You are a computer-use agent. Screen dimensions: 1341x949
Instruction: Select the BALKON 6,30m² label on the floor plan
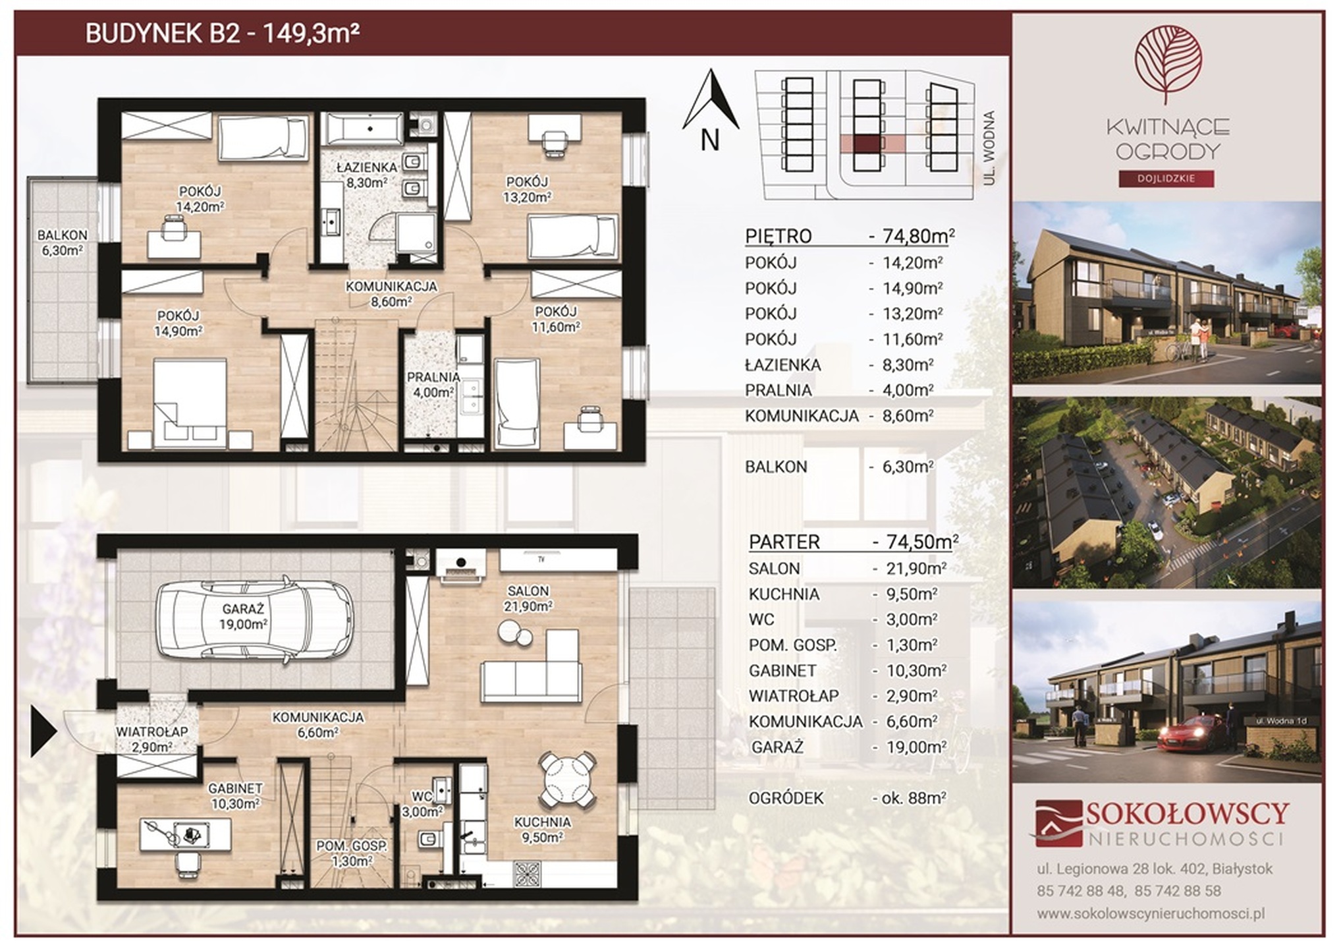(62, 243)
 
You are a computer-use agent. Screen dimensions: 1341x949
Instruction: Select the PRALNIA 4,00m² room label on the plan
(433, 384)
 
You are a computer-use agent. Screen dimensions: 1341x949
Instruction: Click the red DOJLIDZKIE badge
(1166, 178)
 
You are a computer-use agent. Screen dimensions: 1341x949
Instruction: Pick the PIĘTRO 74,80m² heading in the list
(850, 235)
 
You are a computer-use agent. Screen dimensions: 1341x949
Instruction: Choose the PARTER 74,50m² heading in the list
(854, 542)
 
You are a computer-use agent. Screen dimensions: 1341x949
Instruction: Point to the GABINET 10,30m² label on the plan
(235, 795)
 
